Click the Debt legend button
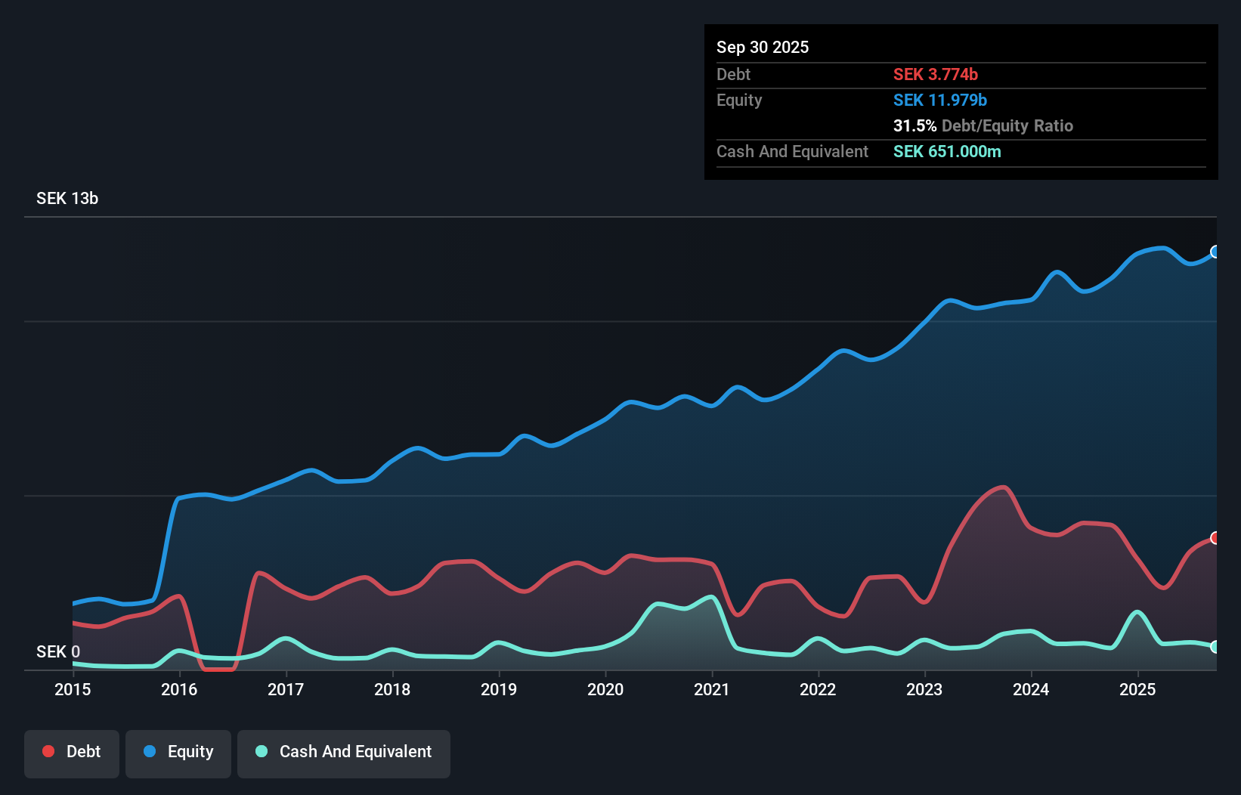[72, 752]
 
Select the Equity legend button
[178, 752]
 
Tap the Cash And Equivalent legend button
[344, 752]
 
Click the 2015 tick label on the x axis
[73, 689]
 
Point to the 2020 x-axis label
[605, 689]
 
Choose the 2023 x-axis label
[924, 689]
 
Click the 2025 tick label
[1137, 689]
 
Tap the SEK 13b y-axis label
[67, 199]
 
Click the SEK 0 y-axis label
[58, 651]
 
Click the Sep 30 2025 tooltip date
[763, 48]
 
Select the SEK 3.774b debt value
[936, 75]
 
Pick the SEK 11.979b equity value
[940, 101]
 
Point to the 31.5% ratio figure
[915, 126]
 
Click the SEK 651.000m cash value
[947, 152]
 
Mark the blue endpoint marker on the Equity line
[1215, 252]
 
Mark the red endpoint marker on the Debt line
[1215, 538]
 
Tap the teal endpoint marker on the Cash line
[1215, 647]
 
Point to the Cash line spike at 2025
[1137, 612]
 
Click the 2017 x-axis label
[286, 689]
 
